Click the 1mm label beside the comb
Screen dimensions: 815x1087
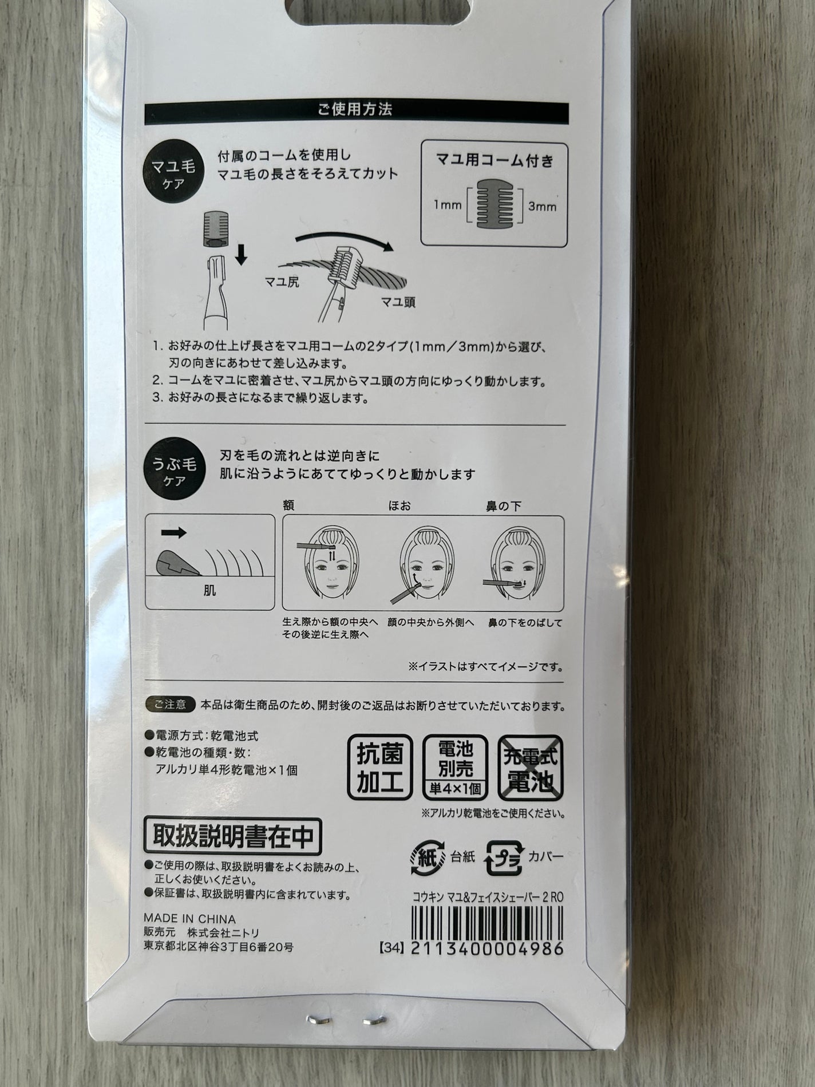tap(448, 205)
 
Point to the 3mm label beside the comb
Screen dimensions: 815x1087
tap(541, 206)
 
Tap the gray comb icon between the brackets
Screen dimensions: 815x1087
tap(495, 204)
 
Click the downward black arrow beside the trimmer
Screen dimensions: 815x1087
tap(241, 254)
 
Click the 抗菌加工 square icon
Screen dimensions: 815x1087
tap(380, 766)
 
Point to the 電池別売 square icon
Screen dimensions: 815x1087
tap(454, 766)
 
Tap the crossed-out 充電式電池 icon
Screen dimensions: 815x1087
tap(531, 766)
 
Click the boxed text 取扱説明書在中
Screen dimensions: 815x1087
tap(232, 837)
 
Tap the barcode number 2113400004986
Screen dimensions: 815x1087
tap(487, 948)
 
